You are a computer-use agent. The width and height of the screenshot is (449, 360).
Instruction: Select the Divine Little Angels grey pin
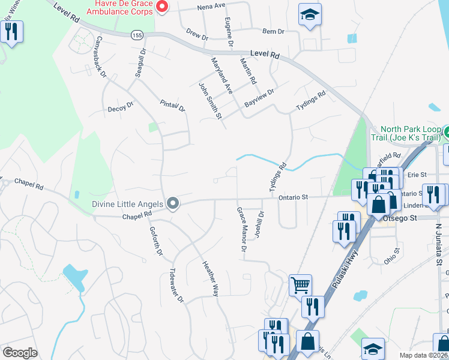coord(173,204)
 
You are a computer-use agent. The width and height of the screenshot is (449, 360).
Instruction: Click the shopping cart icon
coord(300,284)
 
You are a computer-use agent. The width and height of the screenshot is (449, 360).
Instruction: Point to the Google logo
coord(20,352)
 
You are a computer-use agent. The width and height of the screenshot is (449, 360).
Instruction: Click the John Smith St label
coord(210,100)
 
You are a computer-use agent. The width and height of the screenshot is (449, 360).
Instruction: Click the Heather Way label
coord(209,278)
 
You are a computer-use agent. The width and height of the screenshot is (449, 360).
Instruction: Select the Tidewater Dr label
coord(176,284)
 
